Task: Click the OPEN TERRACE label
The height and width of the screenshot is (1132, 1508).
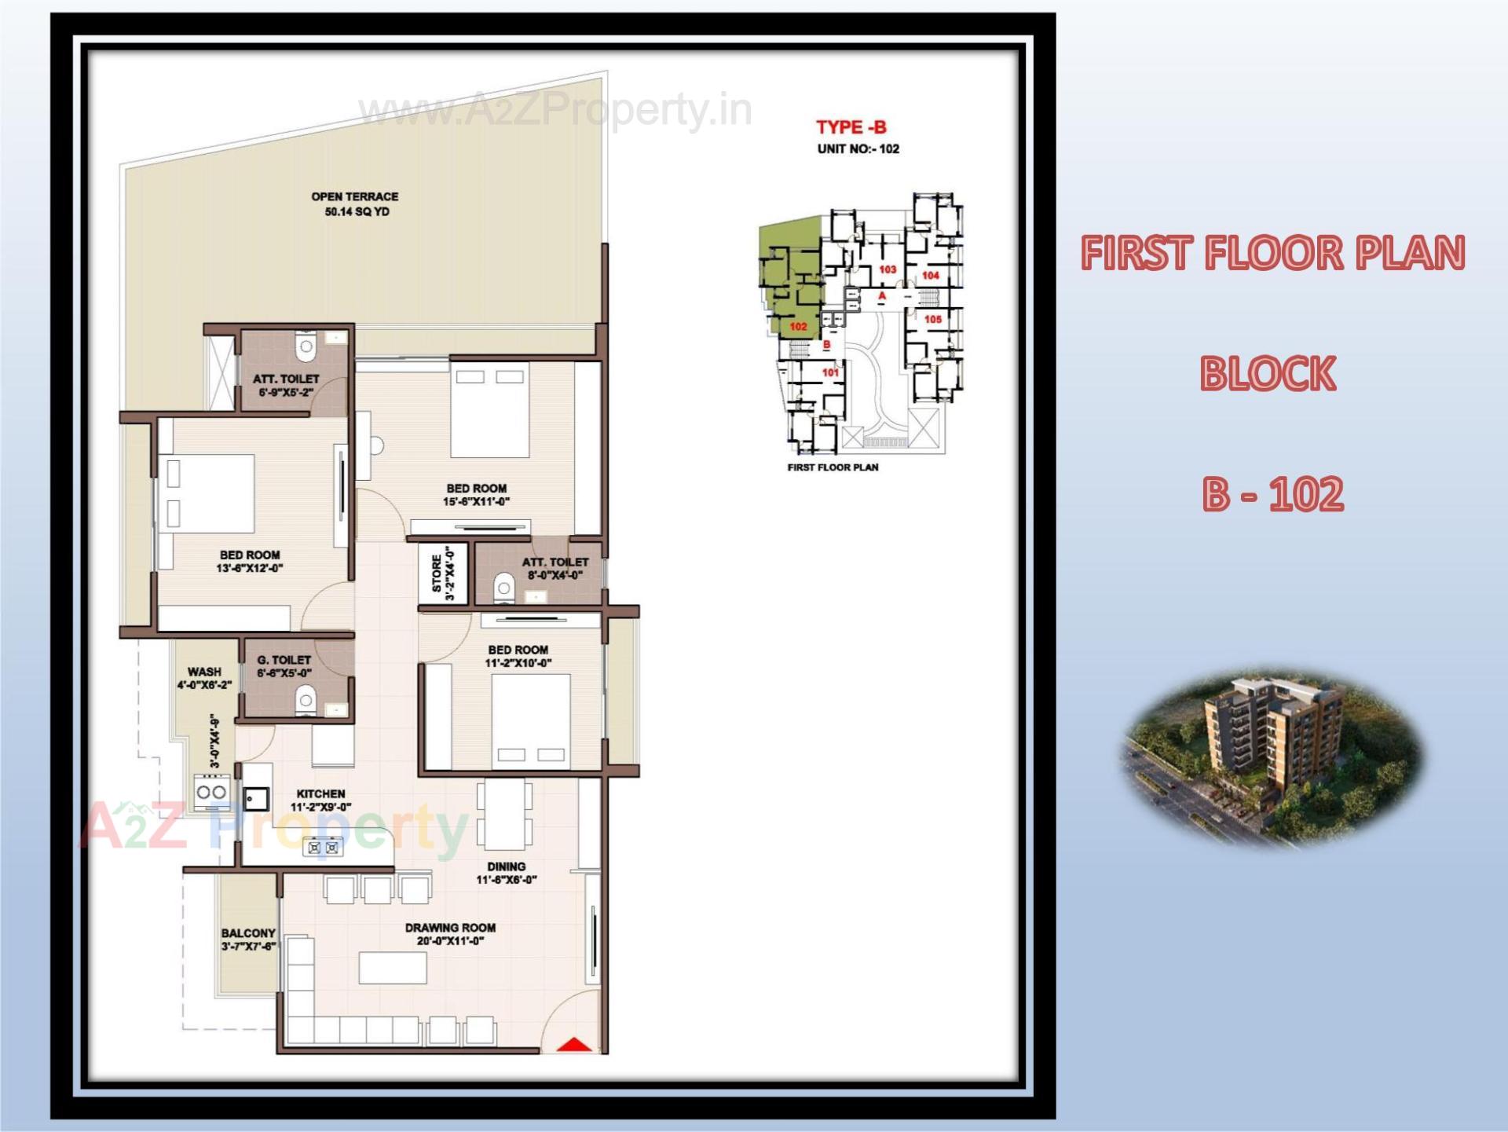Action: click(x=355, y=196)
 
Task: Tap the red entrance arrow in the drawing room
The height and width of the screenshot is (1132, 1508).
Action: click(x=574, y=1045)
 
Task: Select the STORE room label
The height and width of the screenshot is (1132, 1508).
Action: click(x=437, y=574)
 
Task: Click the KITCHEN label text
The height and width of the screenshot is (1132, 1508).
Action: click(x=320, y=793)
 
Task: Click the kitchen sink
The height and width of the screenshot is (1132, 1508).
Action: click(x=255, y=799)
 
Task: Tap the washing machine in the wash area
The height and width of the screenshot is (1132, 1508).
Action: click(x=211, y=792)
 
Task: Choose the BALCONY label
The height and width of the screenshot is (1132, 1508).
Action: click(x=248, y=933)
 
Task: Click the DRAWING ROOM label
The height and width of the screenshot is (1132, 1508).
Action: click(x=450, y=928)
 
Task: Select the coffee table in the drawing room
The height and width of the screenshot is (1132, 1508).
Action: click(x=393, y=968)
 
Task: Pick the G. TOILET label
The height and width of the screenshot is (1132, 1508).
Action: click(x=284, y=660)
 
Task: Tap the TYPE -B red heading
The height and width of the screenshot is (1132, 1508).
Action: click(x=851, y=127)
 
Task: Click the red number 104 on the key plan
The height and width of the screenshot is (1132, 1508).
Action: click(x=931, y=276)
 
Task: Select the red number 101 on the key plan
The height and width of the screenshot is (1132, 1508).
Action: click(x=830, y=372)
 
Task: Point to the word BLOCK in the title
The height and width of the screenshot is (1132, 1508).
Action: click(x=1268, y=374)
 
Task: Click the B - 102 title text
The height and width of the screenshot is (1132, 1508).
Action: click(x=1272, y=495)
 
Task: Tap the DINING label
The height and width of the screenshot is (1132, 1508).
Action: click(x=507, y=866)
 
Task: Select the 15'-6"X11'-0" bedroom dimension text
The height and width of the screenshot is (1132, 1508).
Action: click(x=477, y=502)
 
